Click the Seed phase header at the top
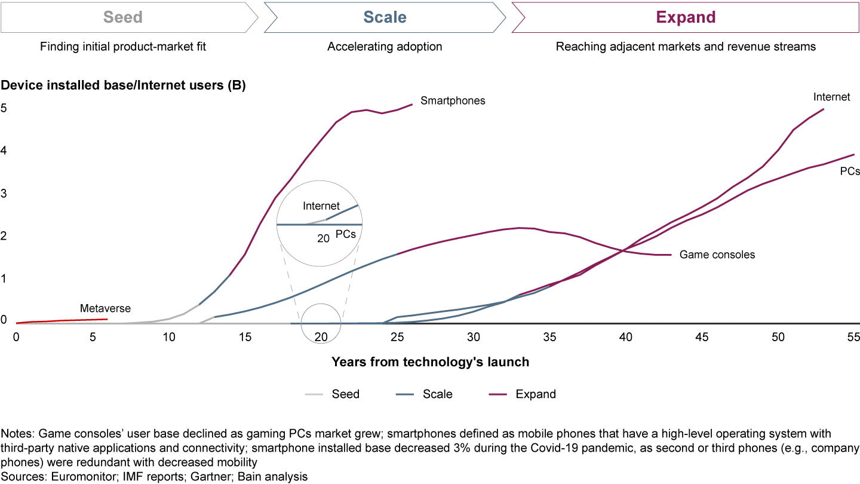(x=123, y=17)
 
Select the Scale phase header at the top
(x=385, y=17)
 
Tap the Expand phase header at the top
(x=686, y=17)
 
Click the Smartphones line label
(x=453, y=101)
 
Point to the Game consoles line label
(x=717, y=255)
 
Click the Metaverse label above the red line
(x=105, y=309)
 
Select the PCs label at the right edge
(x=849, y=171)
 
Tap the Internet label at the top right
(x=831, y=97)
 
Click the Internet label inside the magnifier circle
(x=321, y=206)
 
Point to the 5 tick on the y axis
(x=4, y=109)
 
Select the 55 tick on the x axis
(x=853, y=337)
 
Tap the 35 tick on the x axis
(x=549, y=337)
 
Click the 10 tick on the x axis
(x=169, y=337)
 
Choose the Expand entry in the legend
(x=536, y=394)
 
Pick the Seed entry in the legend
(x=346, y=394)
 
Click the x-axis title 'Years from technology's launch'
(x=430, y=362)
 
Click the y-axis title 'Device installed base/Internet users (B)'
(x=123, y=85)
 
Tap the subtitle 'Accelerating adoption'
(x=385, y=47)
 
